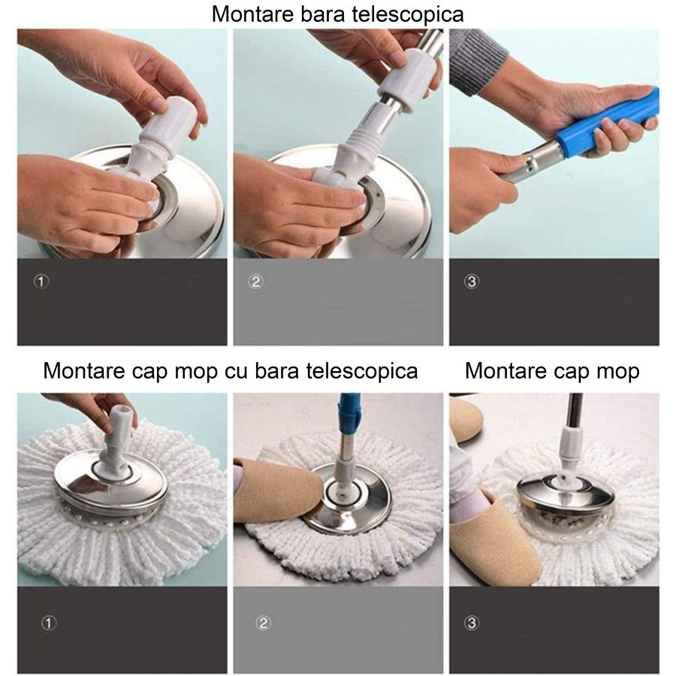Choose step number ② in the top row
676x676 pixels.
tap(256, 282)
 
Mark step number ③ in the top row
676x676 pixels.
tap(472, 282)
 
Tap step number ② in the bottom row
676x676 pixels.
tap(263, 623)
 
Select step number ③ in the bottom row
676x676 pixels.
tap(472, 623)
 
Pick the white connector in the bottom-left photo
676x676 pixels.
tap(116, 443)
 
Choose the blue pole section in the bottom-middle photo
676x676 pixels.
tap(349, 413)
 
